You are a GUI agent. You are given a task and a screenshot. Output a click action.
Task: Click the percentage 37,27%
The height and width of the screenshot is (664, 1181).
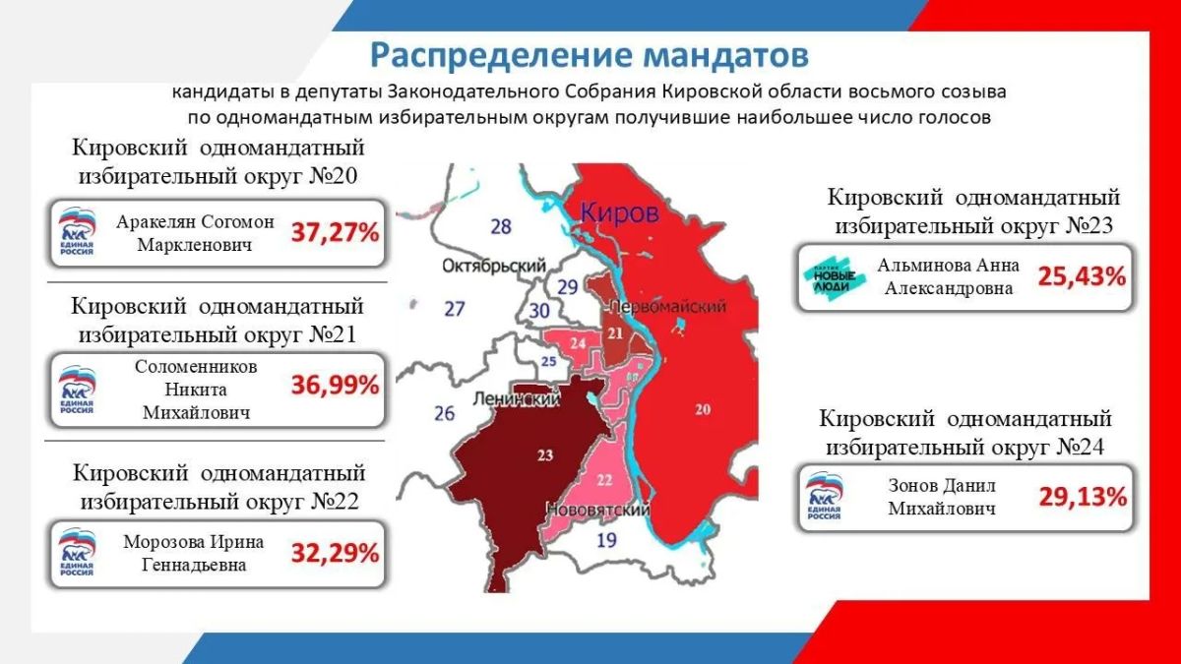point(335,232)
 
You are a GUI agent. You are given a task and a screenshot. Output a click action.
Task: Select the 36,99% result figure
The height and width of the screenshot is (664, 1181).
point(335,386)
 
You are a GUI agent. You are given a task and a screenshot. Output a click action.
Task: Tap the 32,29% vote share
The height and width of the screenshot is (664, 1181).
point(335,553)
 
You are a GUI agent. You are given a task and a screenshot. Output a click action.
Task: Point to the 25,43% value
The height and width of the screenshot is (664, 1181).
point(1082,276)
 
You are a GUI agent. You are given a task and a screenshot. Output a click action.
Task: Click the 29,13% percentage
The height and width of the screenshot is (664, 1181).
point(1083,497)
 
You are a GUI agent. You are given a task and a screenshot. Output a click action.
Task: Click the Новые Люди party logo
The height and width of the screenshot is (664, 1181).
point(835,278)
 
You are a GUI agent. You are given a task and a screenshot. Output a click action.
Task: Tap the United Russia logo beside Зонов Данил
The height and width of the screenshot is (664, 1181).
point(825,497)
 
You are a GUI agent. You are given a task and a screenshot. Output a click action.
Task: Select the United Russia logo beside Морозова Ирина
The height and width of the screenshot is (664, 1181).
point(77,552)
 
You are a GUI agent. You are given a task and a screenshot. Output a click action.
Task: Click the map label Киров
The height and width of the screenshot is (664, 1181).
point(619,213)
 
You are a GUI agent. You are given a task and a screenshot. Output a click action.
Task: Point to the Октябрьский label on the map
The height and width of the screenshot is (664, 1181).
point(493,267)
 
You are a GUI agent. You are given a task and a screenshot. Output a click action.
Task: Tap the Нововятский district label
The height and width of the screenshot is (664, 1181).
point(598,510)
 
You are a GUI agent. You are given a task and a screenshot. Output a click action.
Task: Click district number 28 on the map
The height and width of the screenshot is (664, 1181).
point(501,226)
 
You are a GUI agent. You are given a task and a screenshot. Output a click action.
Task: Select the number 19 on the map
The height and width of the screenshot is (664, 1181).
point(606,540)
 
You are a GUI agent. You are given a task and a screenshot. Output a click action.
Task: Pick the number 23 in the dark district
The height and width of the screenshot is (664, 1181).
point(545,454)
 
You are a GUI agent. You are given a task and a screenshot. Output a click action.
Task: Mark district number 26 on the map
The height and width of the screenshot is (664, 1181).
point(444,414)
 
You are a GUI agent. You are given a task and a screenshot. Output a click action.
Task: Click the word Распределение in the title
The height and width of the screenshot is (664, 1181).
point(501,56)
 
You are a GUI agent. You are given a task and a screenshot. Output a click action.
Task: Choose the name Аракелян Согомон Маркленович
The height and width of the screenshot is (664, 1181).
point(195,233)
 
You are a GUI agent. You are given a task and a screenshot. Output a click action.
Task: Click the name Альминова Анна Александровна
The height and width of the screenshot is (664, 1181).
point(949,276)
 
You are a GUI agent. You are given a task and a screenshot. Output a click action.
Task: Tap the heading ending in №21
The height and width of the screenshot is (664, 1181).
point(218,320)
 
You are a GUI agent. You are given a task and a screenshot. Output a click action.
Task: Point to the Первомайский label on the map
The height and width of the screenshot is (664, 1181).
point(668,306)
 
